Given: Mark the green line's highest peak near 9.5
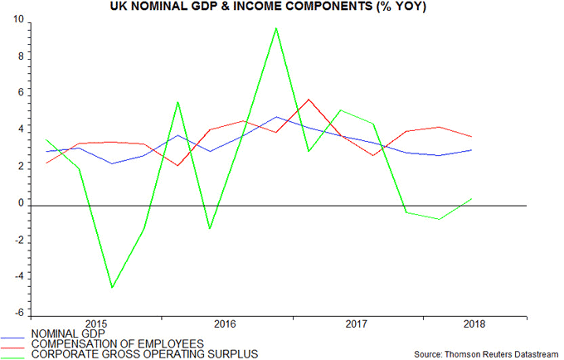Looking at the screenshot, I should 275,28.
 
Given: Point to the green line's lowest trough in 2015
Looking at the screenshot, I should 111,288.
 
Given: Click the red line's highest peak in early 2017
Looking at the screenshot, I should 309,100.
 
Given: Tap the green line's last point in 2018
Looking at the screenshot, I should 472,198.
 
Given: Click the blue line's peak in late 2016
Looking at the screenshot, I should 276,117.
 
